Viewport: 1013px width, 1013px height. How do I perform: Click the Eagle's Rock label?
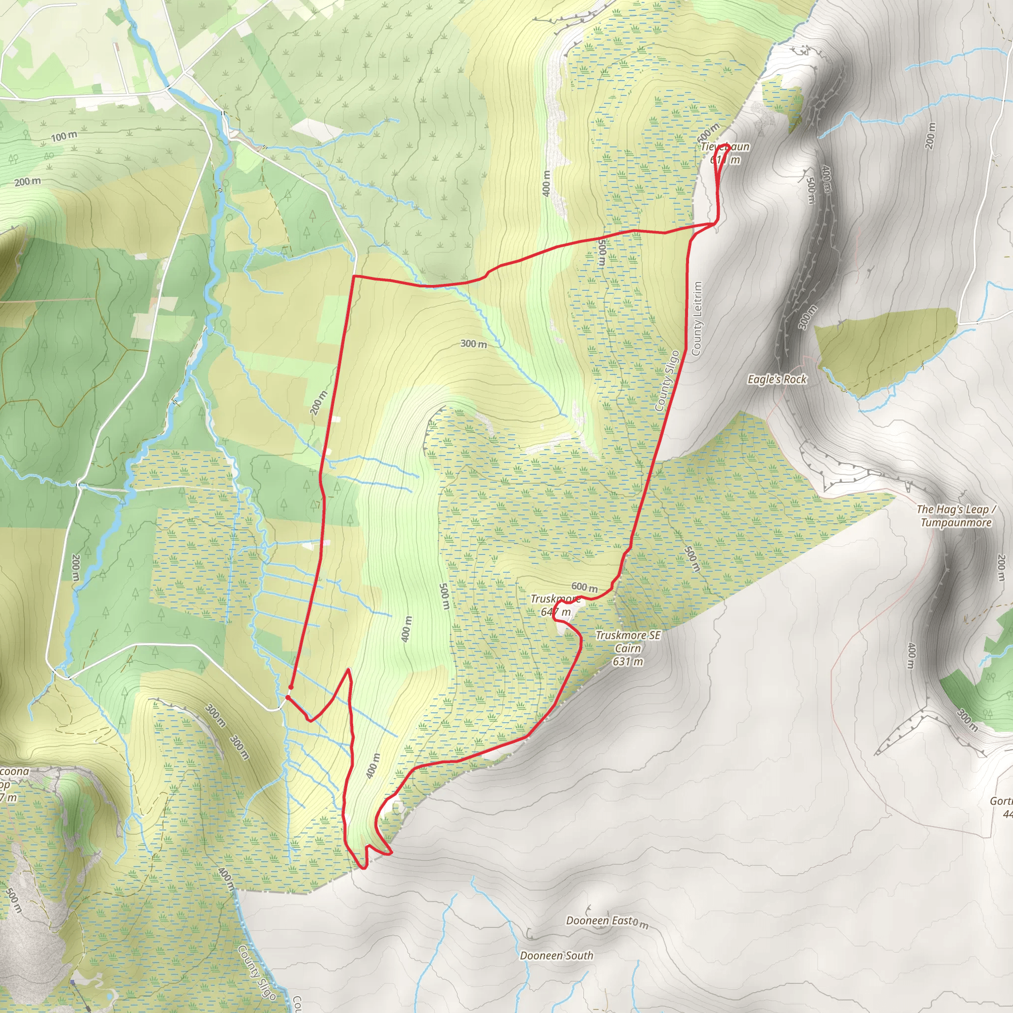[x=777, y=379]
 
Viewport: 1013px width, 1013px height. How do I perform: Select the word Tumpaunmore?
[x=956, y=523]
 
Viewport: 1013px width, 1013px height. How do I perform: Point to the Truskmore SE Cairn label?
[x=628, y=641]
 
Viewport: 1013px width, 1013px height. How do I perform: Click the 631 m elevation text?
[x=628, y=661]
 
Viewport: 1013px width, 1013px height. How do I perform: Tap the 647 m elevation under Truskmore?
[x=556, y=612]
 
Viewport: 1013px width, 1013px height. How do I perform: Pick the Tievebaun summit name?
[x=725, y=147]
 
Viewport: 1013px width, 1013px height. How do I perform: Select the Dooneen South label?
[x=556, y=955]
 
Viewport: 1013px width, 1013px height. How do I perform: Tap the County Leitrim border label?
[x=696, y=319]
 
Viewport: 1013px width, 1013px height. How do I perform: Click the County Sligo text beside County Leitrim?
[x=667, y=381]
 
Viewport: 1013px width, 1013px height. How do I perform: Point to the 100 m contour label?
[x=64, y=137]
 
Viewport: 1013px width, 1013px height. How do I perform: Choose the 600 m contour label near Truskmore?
[x=584, y=587]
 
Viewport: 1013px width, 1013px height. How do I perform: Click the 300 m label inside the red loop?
[x=473, y=344]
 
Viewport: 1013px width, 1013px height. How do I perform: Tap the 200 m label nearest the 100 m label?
[x=27, y=182]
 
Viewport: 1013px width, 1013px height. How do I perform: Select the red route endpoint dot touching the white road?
[x=288, y=698]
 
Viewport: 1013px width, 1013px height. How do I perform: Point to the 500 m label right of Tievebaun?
[x=810, y=190]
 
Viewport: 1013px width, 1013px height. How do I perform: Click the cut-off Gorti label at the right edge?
[x=1001, y=801]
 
